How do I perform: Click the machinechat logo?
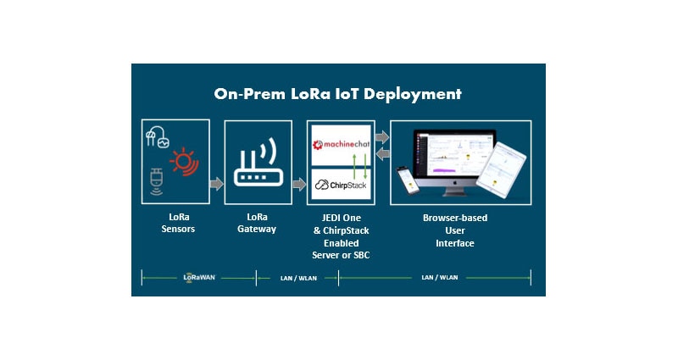(339, 140)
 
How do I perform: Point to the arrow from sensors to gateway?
(216, 184)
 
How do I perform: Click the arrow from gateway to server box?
(298, 184)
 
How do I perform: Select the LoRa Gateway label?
(257, 223)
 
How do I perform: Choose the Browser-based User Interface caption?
(455, 230)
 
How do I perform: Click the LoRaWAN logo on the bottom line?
(199, 277)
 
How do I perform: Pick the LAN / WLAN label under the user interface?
(438, 277)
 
